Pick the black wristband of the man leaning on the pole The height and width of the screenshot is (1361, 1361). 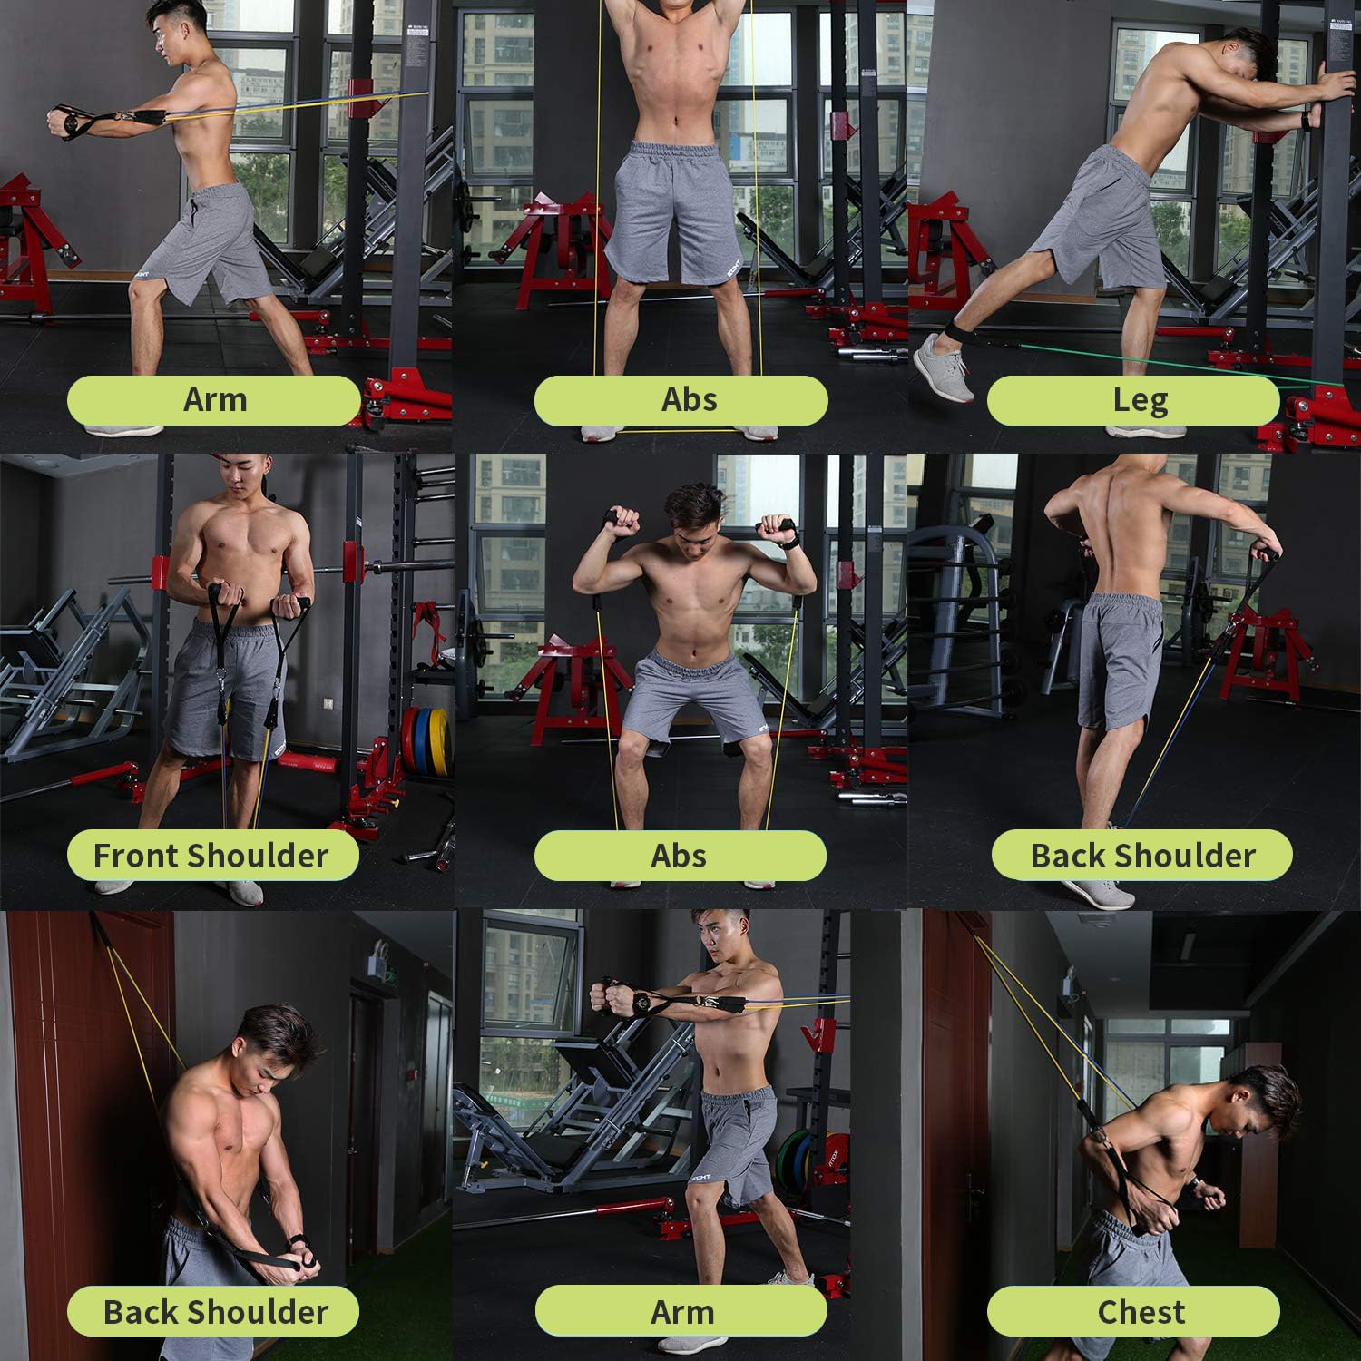coord(1307,120)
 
